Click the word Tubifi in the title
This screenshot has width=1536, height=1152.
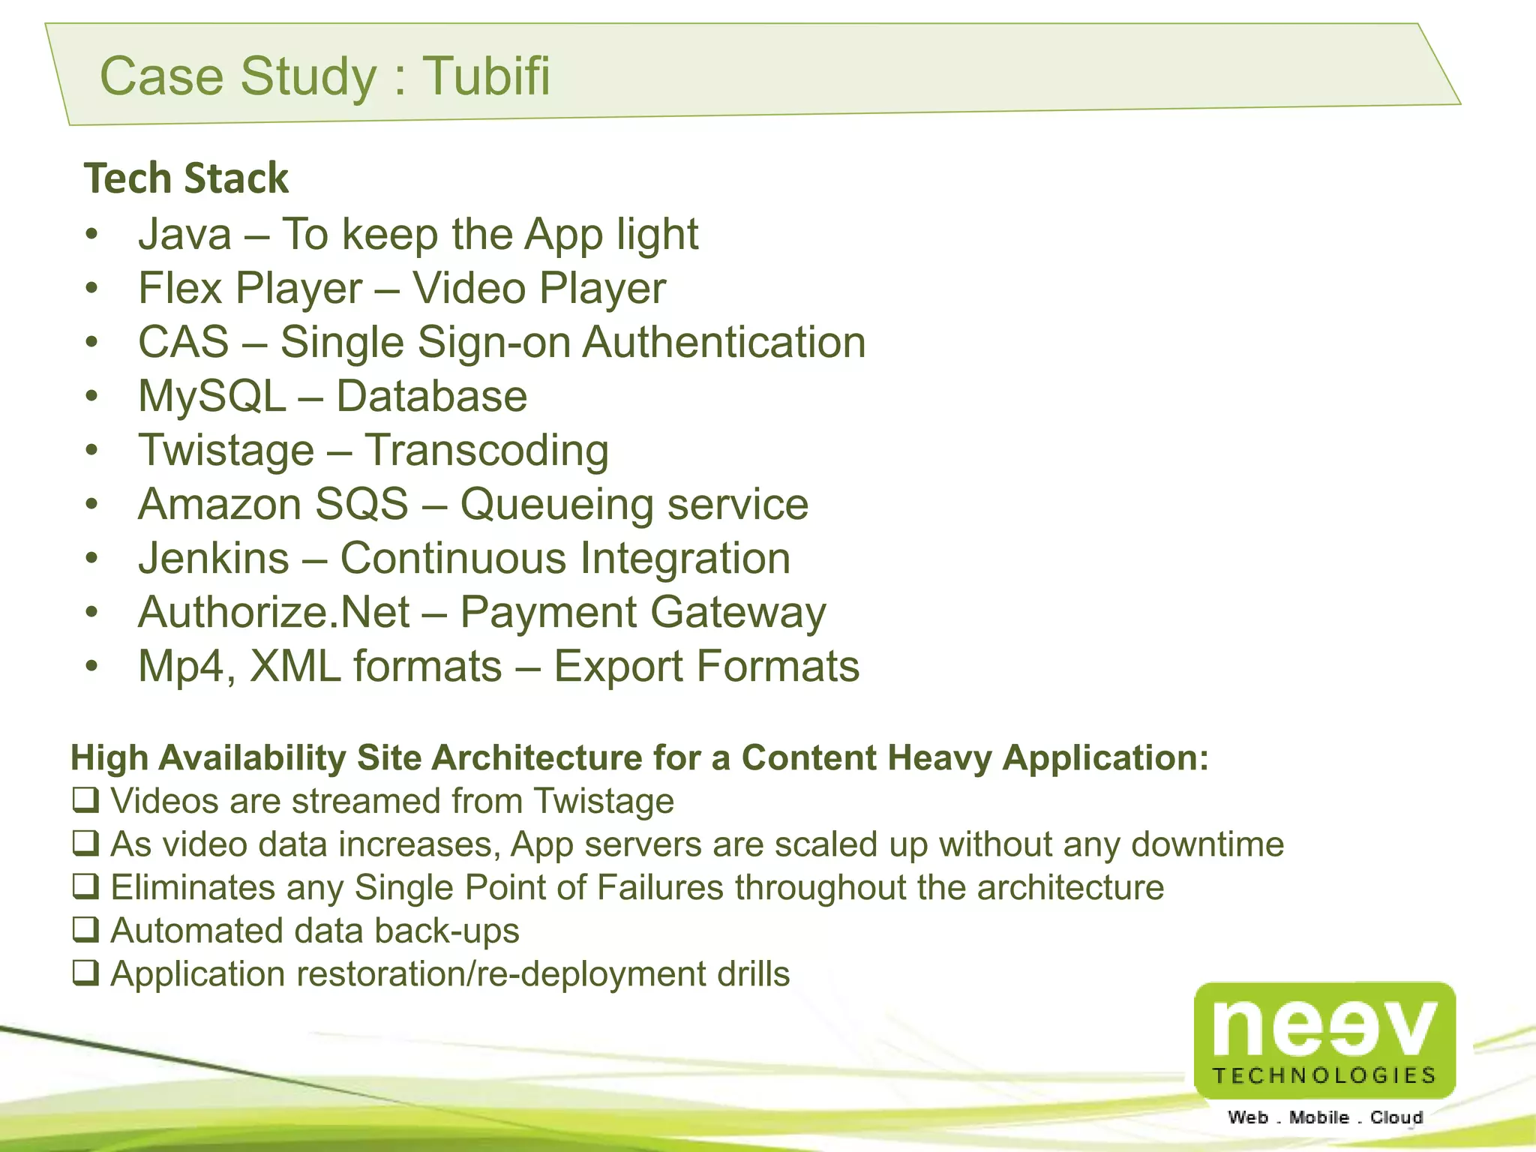[x=487, y=76]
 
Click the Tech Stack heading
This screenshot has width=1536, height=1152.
[x=186, y=178]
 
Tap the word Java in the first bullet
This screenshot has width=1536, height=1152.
[x=184, y=234]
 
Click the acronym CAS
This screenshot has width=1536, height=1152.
[x=183, y=342]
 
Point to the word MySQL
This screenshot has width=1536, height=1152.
[x=211, y=396]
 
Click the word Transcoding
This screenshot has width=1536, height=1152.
[x=487, y=450]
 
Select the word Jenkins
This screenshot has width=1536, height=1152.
[x=214, y=558]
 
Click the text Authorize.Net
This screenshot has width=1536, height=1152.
[x=274, y=612]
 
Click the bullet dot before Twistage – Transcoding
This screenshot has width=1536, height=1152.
[x=91, y=451]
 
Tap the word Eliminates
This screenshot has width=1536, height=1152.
[x=193, y=887]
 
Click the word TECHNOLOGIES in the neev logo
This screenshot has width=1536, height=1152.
[x=1324, y=1075]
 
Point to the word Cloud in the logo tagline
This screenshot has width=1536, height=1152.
[x=1396, y=1117]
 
